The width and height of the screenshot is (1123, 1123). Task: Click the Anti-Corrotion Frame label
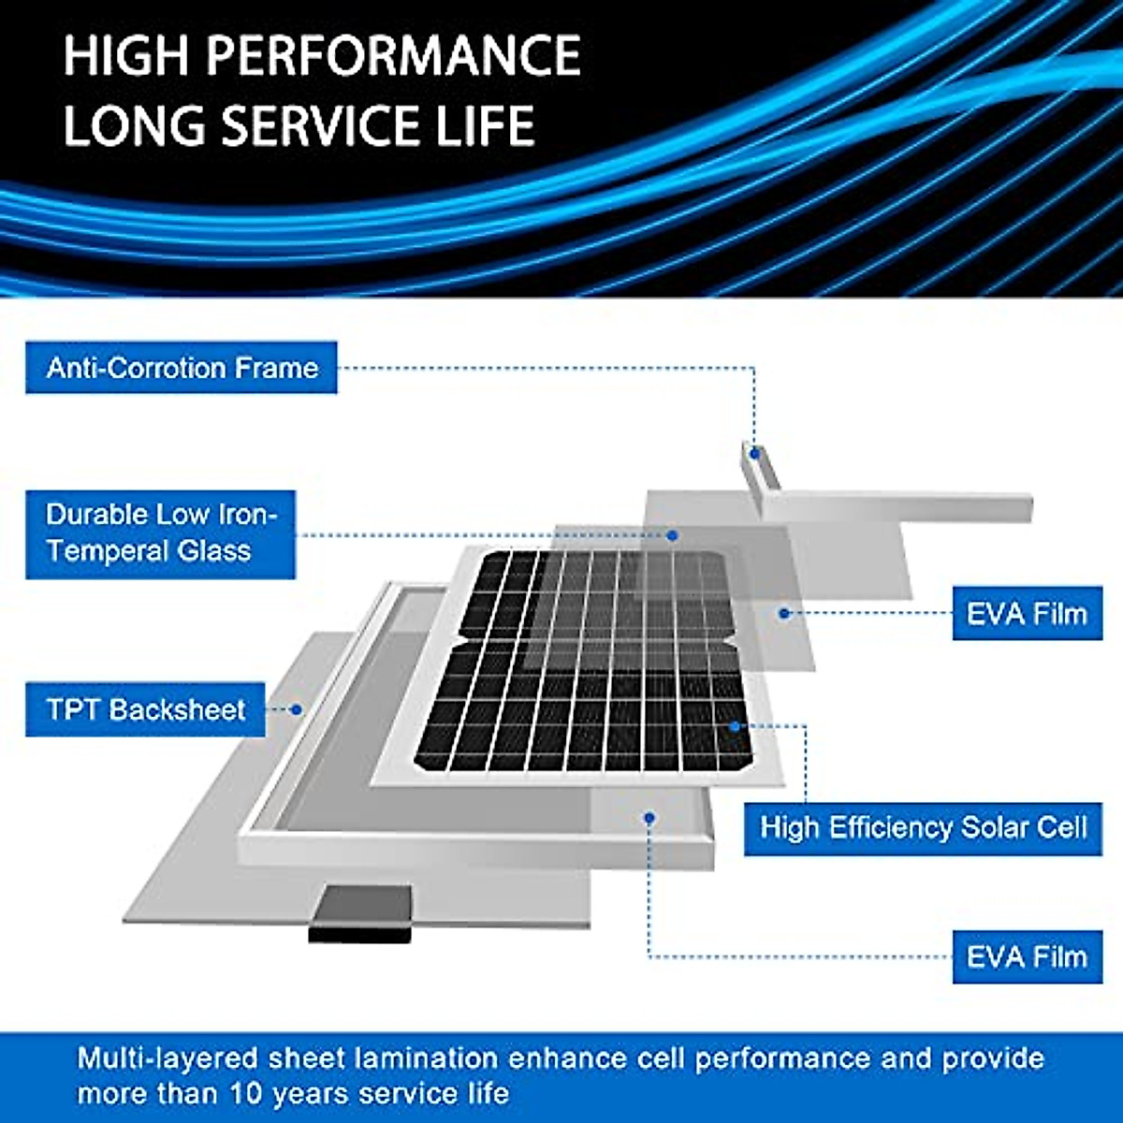click(182, 367)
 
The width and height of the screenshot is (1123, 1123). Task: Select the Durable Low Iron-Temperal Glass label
click(161, 533)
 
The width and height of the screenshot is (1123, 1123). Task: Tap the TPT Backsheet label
click(146, 709)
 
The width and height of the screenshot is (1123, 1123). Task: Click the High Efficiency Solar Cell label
click(923, 827)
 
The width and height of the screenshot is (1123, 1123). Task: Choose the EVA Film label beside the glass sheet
click(1027, 614)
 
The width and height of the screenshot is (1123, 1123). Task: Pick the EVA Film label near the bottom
click(1027, 956)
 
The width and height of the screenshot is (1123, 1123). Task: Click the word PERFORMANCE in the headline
click(393, 56)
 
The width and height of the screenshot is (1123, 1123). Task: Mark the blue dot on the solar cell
click(736, 726)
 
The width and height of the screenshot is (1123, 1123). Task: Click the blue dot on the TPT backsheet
click(297, 709)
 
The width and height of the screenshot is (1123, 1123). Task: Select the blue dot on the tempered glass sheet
click(672, 535)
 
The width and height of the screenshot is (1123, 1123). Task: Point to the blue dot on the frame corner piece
click(753, 454)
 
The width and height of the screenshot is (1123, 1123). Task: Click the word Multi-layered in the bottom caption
click(167, 1058)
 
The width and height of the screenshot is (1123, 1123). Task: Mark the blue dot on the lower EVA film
click(649, 818)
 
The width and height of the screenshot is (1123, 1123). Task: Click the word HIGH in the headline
click(125, 56)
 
